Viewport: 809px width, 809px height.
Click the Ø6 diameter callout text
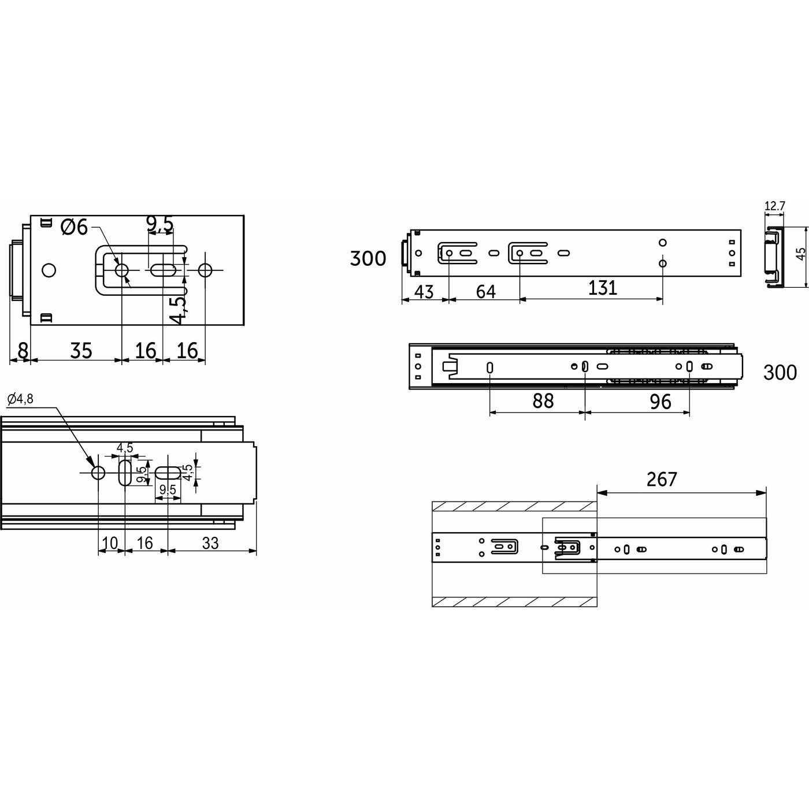(75, 228)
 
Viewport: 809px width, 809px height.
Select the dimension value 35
(81, 350)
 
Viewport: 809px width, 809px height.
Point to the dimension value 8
(23, 350)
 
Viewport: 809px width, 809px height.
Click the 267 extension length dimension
(662, 479)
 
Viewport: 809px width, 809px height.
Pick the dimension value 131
(603, 288)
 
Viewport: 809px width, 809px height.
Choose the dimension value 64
(485, 291)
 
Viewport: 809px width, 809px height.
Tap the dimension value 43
(424, 292)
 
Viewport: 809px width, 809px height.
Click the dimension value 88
(543, 400)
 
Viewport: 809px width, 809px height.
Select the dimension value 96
(660, 401)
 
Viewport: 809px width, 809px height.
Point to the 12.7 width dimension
(774, 206)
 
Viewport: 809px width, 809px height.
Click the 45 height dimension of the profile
(801, 255)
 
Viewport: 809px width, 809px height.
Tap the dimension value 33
(211, 543)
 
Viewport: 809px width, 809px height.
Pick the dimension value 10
(110, 543)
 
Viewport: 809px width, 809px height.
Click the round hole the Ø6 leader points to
(122, 270)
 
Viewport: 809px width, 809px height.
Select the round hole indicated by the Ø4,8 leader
(98, 473)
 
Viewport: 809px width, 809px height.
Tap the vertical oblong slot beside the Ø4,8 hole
(125, 473)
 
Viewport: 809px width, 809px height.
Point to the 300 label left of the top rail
(368, 258)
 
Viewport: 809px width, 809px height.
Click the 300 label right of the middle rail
(780, 373)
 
